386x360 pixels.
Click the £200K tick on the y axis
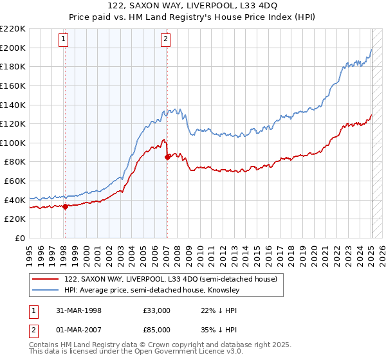[x=13, y=48]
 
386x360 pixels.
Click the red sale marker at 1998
[x=65, y=206]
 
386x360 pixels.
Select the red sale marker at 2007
[x=167, y=156]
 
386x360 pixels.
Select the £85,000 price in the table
[x=156, y=329]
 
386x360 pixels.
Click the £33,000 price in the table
[x=156, y=310]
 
